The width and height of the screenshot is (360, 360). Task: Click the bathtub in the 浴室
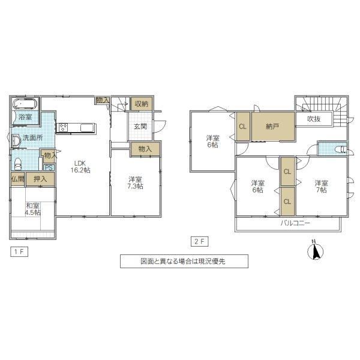coord(25,104)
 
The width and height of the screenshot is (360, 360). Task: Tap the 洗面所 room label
coord(32,138)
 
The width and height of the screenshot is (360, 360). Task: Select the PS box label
coord(49,167)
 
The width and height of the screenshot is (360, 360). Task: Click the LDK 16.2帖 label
coord(80,167)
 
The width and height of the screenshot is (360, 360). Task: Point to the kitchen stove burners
coord(63,127)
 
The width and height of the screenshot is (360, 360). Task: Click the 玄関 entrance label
coord(140,126)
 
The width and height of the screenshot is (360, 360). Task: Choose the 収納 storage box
coord(142,104)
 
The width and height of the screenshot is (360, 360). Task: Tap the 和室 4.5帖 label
coord(32,209)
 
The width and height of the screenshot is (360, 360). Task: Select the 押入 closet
coord(40,179)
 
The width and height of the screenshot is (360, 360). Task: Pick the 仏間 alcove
coord(17,179)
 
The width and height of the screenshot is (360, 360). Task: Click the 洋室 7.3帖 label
coord(135,183)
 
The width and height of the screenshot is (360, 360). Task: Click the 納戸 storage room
coord(273,126)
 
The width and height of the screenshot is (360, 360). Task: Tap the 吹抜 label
coord(314,119)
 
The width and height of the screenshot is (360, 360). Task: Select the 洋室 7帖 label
coord(322,187)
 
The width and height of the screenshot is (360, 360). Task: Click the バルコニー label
coord(295,223)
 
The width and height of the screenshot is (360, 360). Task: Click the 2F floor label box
coord(200,242)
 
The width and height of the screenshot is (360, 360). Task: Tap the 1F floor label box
coord(19,251)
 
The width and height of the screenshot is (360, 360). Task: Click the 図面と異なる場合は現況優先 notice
coord(184,261)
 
